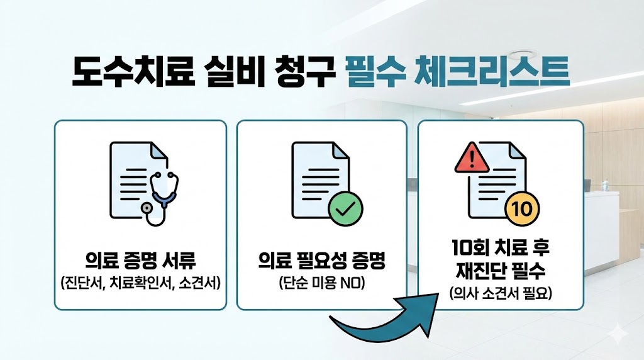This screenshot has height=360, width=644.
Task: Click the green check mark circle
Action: [345, 211]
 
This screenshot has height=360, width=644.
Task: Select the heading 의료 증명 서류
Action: [140, 260]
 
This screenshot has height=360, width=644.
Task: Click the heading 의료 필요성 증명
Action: [321, 260]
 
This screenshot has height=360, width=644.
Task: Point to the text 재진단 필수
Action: [501, 272]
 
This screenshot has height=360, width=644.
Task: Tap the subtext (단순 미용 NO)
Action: [321, 282]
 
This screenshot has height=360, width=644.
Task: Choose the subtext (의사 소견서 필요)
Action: [501, 293]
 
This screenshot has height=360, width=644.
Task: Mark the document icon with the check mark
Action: [318, 179]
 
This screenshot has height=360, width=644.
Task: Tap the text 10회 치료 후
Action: [501, 249]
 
